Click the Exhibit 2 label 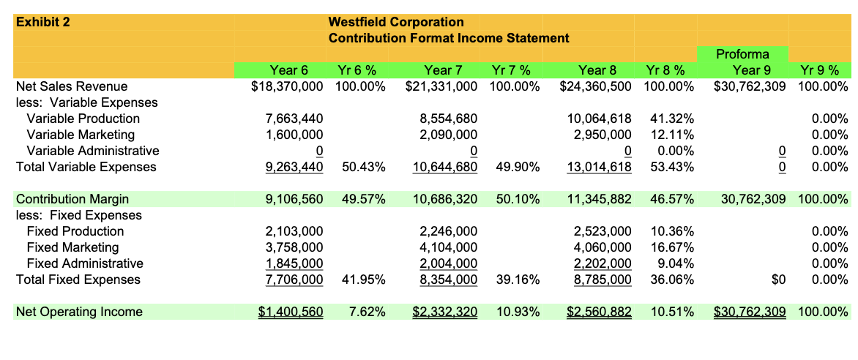click(43, 22)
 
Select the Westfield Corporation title click(396, 22)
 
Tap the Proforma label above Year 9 click(742, 54)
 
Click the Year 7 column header click(443, 70)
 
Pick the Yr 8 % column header click(665, 70)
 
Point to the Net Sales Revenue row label click(72, 86)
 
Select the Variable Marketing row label click(81, 135)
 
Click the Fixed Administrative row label click(85, 263)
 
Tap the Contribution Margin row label click(72, 199)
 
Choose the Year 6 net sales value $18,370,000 click(287, 86)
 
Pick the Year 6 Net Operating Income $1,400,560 click(291, 312)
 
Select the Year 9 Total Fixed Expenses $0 click(778, 280)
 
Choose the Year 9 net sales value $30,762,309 click(750, 86)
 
